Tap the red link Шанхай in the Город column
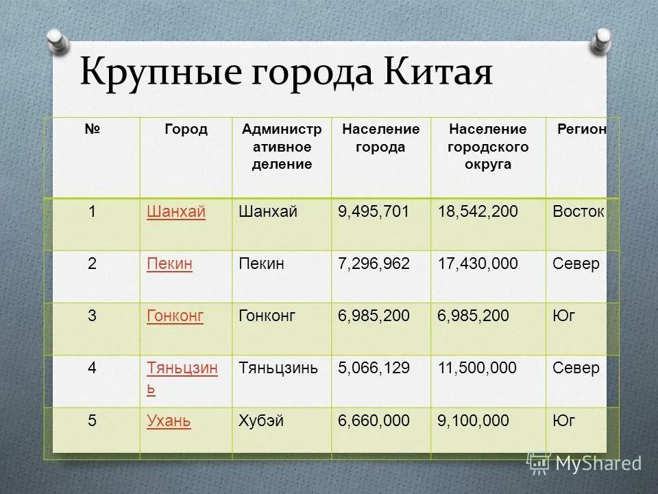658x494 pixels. click(x=176, y=212)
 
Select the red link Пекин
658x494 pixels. click(x=169, y=263)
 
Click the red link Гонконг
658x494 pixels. click(x=175, y=316)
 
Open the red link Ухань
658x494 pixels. click(x=169, y=421)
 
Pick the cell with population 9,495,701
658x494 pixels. click(x=374, y=212)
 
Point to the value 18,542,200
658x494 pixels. click(x=478, y=212)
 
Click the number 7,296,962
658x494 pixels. click(x=374, y=263)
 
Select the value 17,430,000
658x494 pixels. click(x=478, y=263)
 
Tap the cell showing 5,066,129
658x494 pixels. click(x=374, y=368)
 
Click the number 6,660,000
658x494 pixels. click(x=374, y=421)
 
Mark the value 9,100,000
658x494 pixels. click(x=474, y=421)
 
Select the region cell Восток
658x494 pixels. click(x=578, y=212)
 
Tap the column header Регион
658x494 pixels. click(x=581, y=130)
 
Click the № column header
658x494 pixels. click(x=92, y=130)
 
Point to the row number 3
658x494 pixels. click(x=92, y=316)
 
